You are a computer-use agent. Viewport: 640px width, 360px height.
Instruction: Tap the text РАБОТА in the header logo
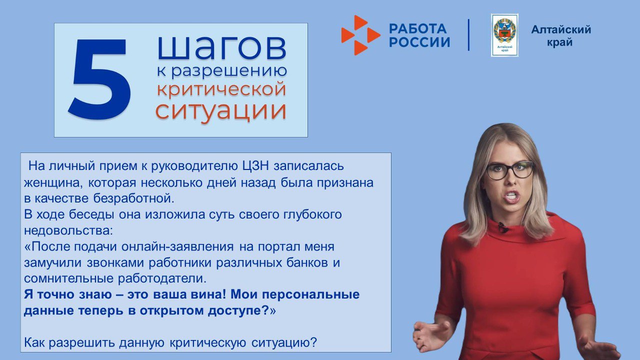(417, 28)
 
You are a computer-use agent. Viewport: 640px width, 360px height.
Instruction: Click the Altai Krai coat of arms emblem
(504, 34)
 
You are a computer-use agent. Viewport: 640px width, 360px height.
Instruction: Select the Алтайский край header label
(560, 36)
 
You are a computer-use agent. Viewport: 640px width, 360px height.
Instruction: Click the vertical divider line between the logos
(469, 35)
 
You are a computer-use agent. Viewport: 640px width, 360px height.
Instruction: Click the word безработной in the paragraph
(133, 198)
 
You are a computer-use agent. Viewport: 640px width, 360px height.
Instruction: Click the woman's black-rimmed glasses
(509, 170)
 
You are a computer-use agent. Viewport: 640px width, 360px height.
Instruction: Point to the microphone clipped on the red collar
(502, 227)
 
